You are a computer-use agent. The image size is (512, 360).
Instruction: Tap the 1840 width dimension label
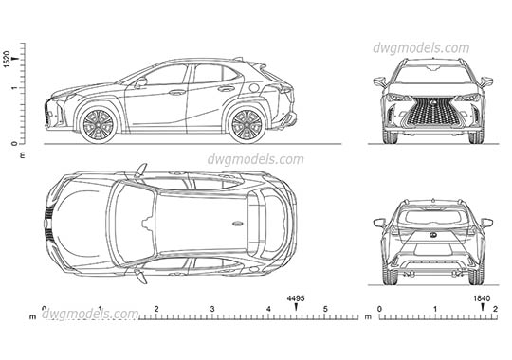[x=482, y=297]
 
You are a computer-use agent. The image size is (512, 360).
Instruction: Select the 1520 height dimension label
[x=8, y=59]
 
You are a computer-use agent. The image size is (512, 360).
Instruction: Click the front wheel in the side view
[x=99, y=124]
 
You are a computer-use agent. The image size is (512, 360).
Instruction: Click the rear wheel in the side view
[x=247, y=124]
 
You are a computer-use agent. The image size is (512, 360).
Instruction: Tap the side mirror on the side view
[x=140, y=83]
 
